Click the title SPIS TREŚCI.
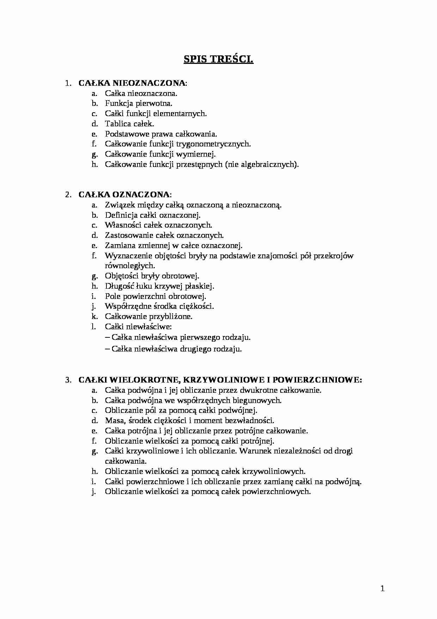[x=218, y=59]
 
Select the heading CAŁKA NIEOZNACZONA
[x=131, y=83]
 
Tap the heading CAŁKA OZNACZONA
[x=124, y=194]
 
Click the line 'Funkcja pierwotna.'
[x=139, y=103]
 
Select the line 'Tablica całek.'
[x=129, y=124]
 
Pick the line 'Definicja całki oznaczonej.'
[x=153, y=215]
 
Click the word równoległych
[x=130, y=266]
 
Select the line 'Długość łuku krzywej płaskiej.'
[x=160, y=286]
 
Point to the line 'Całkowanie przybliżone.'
[x=149, y=317]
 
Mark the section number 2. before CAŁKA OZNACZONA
[x=68, y=194]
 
